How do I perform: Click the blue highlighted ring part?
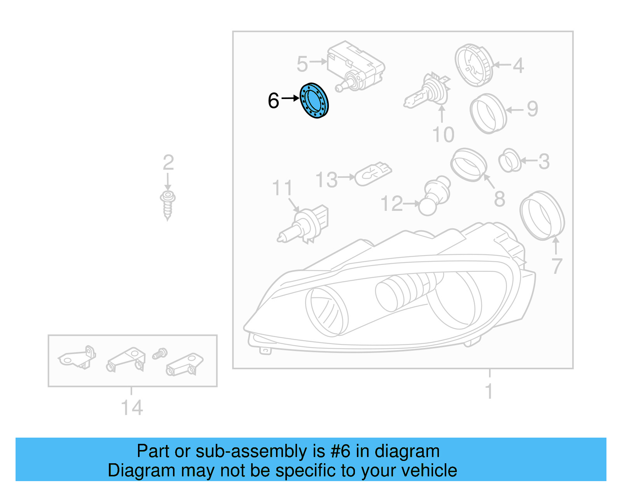(314, 101)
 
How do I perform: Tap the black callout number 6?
(273, 101)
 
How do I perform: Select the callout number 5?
(302, 64)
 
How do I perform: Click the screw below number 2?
(168, 205)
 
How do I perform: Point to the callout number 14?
(132, 408)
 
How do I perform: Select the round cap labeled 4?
(474, 65)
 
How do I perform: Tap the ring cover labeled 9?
(488, 113)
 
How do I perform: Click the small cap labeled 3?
(510, 160)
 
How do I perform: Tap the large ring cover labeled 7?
(542, 216)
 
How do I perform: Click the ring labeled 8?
(468, 164)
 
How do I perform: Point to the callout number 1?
(489, 391)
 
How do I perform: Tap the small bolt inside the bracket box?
(159, 353)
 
